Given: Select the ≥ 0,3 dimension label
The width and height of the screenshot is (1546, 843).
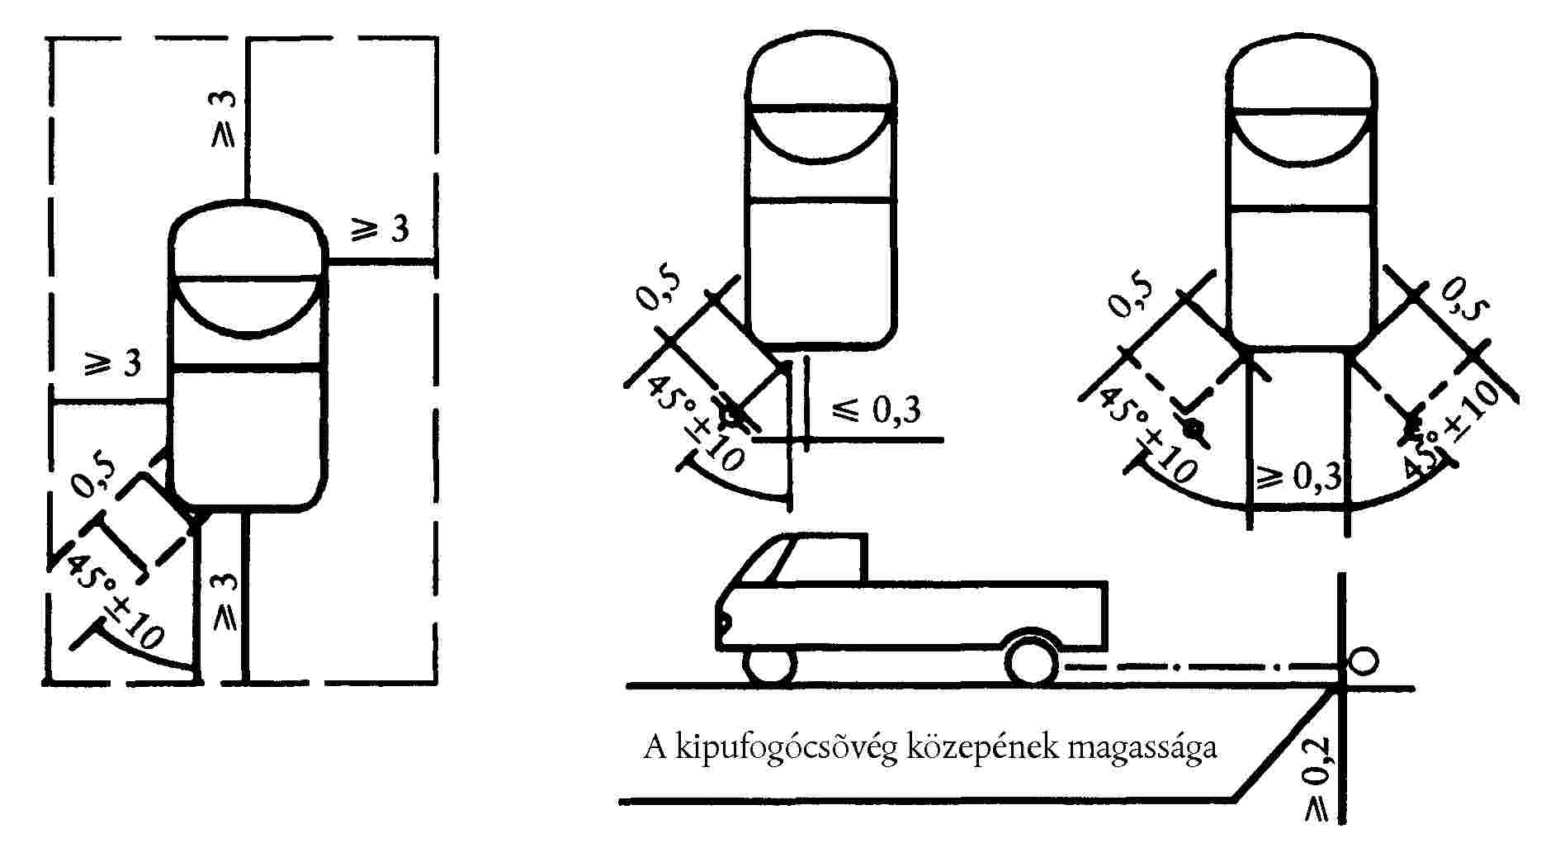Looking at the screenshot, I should tap(1301, 477).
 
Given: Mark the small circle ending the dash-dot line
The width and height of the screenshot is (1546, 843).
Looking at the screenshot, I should tap(1364, 661).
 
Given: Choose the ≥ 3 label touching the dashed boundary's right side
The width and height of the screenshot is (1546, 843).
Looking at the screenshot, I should tap(381, 229).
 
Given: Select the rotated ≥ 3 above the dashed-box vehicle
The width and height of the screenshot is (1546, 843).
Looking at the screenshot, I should tap(223, 119).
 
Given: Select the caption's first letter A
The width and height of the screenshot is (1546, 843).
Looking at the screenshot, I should tap(655, 748).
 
